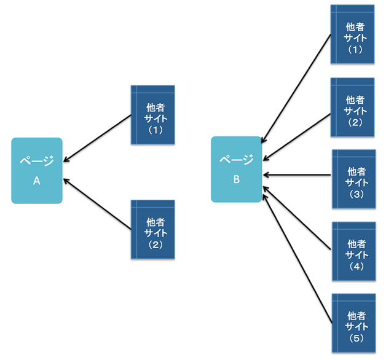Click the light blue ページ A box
tap(37, 170)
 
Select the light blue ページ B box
tap(237, 170)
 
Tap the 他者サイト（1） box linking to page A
tap(153, 115)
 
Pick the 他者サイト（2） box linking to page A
tap(153, 229)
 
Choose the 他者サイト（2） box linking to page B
tap(353, 108)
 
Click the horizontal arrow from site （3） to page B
tap(297, 175)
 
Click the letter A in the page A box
tap(36, 182)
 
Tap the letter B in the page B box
tap(236, 180)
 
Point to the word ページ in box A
tap(37, 162)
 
